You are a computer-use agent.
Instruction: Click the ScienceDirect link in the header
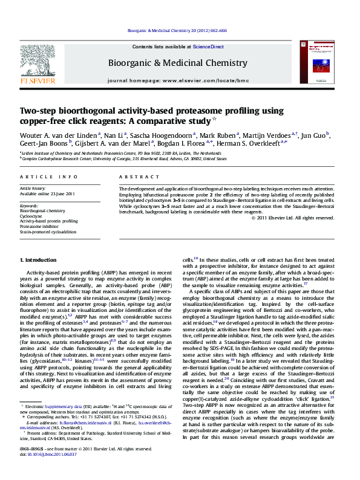click(208, 47)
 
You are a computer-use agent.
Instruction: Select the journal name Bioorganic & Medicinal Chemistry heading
click(177, 63)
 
